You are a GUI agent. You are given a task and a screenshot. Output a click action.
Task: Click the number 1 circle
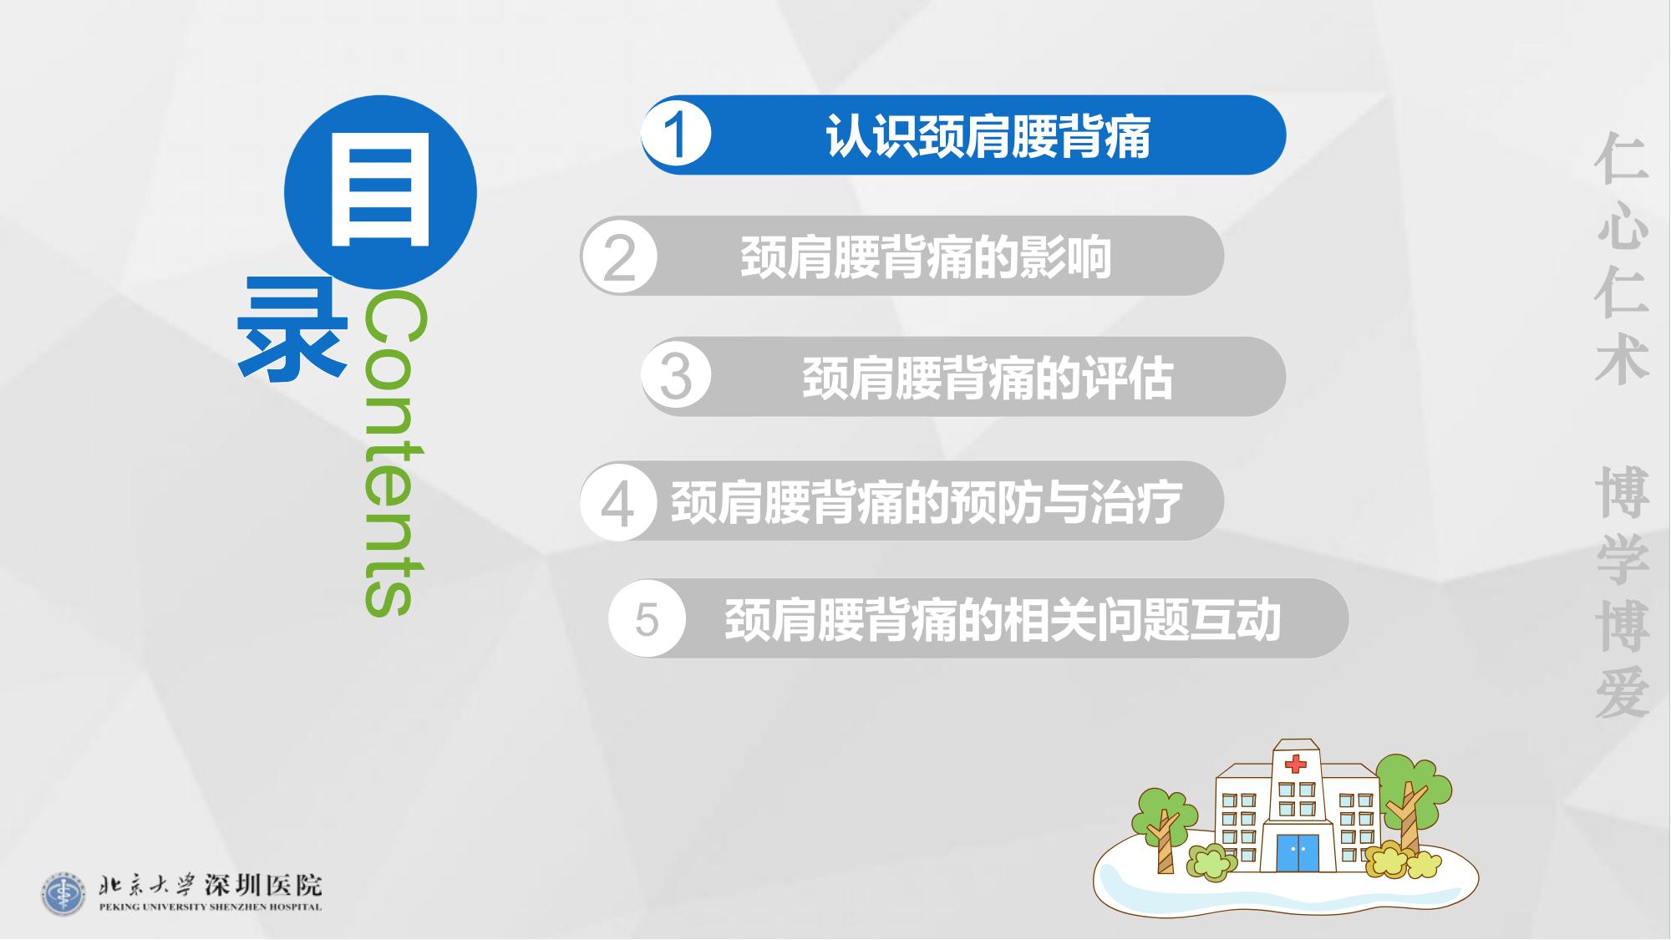[677, 135]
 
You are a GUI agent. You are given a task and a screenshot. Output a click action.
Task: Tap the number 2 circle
[619, 257]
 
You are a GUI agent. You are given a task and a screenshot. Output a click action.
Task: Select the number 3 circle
[677, 376]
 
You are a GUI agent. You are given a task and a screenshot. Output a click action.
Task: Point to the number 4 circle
[618, 502]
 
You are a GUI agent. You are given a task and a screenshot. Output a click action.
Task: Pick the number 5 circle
[648, 619]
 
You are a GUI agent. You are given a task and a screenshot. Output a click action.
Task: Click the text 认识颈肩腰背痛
[988, 136]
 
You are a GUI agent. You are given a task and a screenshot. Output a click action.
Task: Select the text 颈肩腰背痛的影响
[926, 257]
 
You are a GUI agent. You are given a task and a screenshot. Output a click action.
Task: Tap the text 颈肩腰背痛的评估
[988, 378]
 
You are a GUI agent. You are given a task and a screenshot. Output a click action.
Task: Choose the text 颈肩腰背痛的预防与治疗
[927, 503]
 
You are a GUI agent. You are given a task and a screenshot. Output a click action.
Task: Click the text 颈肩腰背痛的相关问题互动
[1003, 620]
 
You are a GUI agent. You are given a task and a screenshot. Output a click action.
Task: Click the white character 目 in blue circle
[381, 192]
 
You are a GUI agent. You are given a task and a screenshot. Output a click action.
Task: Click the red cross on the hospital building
[1295, 764]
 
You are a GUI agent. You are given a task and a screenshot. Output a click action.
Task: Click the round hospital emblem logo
[63, 894]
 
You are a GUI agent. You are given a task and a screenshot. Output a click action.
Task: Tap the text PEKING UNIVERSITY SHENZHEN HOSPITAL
[211, 907]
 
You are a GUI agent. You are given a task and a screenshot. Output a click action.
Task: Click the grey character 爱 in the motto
[1623, 693]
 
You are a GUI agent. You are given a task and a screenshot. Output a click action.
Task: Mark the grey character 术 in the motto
[1623, 360]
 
